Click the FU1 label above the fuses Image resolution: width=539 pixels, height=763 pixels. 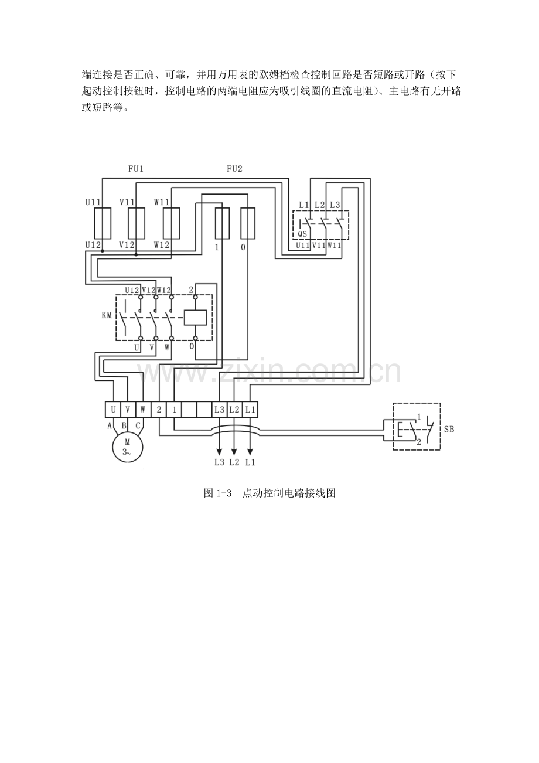[x=136, y=169]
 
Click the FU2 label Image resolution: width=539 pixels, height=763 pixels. [x=234, y=169]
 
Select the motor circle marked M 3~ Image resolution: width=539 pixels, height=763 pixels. [x=128, y=447]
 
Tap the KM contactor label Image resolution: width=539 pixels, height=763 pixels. [x=107, y=315]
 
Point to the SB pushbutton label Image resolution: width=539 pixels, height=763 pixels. [x=449, y=429]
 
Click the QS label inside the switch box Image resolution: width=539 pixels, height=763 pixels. [x=302, y=234]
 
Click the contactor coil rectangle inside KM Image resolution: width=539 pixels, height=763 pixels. [x=195, y=318]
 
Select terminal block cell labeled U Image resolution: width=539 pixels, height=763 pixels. [x=113, y=410]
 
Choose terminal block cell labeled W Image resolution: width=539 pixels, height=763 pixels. [x=143, y=410]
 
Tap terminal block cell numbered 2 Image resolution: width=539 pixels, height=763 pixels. [x=159, y=410]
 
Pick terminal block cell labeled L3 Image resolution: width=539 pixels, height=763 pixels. [x=220, y=410]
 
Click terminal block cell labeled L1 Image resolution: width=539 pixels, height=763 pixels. [x=250, y=410]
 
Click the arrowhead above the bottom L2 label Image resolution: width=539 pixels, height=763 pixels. [x=234, y=452]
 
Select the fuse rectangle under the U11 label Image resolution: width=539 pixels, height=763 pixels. [x=103, y=223]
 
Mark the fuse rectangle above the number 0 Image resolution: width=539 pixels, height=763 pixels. [x=248, y=223]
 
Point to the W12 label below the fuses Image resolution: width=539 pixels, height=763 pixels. [x=161, y=245]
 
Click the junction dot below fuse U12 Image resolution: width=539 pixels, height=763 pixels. [x=103, y=251]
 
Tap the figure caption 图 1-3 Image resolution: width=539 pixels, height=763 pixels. [x=217, y=493]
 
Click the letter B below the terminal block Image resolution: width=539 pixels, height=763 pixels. [x=124, y=425]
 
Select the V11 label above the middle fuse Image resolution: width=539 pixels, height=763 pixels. [x=127, y=202]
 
